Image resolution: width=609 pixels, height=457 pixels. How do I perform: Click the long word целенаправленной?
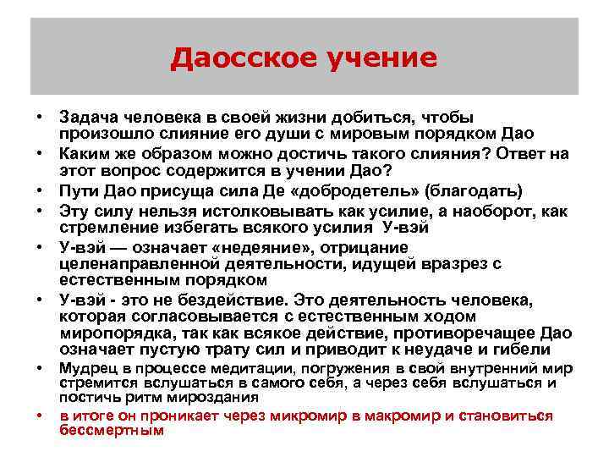tap(134, 263)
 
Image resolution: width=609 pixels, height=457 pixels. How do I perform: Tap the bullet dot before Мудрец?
tap(39, 369)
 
